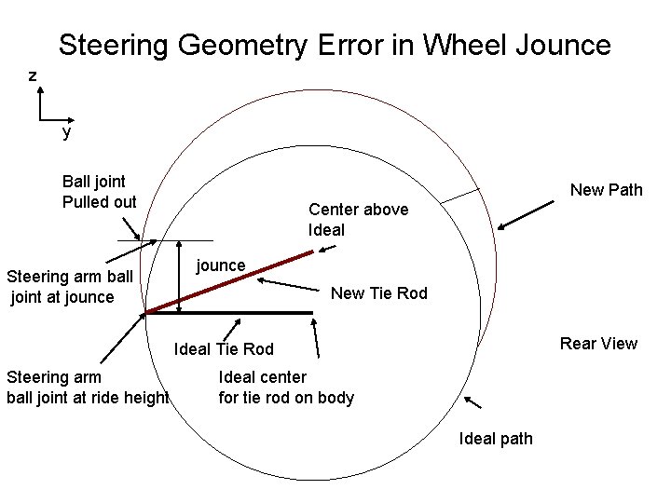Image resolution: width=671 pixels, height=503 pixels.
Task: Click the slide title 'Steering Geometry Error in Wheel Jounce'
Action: pyautogui.click(x=335, y=45)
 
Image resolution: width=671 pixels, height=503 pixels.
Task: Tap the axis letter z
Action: pyautogui.click(x=33, y=75)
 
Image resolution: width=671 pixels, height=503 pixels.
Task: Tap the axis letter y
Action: pyautogui.click(x=66, y=133)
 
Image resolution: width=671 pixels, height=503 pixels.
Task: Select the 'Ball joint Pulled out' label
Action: pyautogui.click(x=99, y=191)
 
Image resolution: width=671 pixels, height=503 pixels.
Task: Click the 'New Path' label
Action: pyautogui.click(x=606, y=190)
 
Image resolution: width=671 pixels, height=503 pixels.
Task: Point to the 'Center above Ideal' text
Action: pyautogui.click(x=358, y=219)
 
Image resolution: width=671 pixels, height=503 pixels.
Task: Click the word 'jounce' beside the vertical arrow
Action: pyautogui.click(x=221, y=265)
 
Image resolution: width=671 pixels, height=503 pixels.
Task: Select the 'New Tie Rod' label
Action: pyautogui.click(x=378, y=293)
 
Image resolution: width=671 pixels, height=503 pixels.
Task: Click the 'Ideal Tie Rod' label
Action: pyautogui.click(x=224, y=349)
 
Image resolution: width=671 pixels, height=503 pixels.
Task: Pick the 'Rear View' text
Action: pyautogui.click(x=598, y=344)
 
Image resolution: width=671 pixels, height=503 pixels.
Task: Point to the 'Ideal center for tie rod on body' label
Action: pyautogui.click(x=286, y=387)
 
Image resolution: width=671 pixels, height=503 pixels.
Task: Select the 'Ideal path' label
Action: pyautogui.click(x=496, y=439)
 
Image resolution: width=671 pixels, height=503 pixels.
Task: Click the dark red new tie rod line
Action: pyautogui.click(x=229, y=281)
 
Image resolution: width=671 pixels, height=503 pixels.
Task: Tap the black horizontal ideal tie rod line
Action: pyautogui.click(x=229, y=313)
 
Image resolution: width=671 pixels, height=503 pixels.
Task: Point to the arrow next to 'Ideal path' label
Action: pyautogui.click(x=472, y=402)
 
